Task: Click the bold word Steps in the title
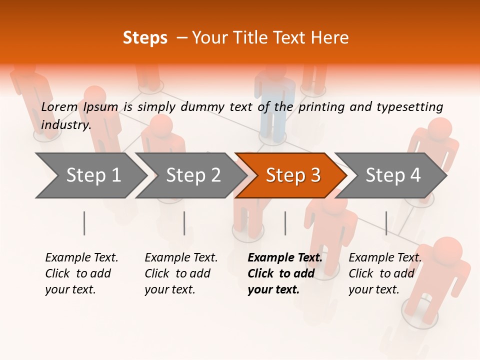145,38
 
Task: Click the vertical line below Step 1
84,223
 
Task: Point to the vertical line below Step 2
184,223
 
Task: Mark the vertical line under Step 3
285,223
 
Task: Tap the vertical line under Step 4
386,223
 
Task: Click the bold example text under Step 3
284,273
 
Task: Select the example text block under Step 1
81,273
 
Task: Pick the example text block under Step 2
181,273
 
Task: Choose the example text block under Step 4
385,273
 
